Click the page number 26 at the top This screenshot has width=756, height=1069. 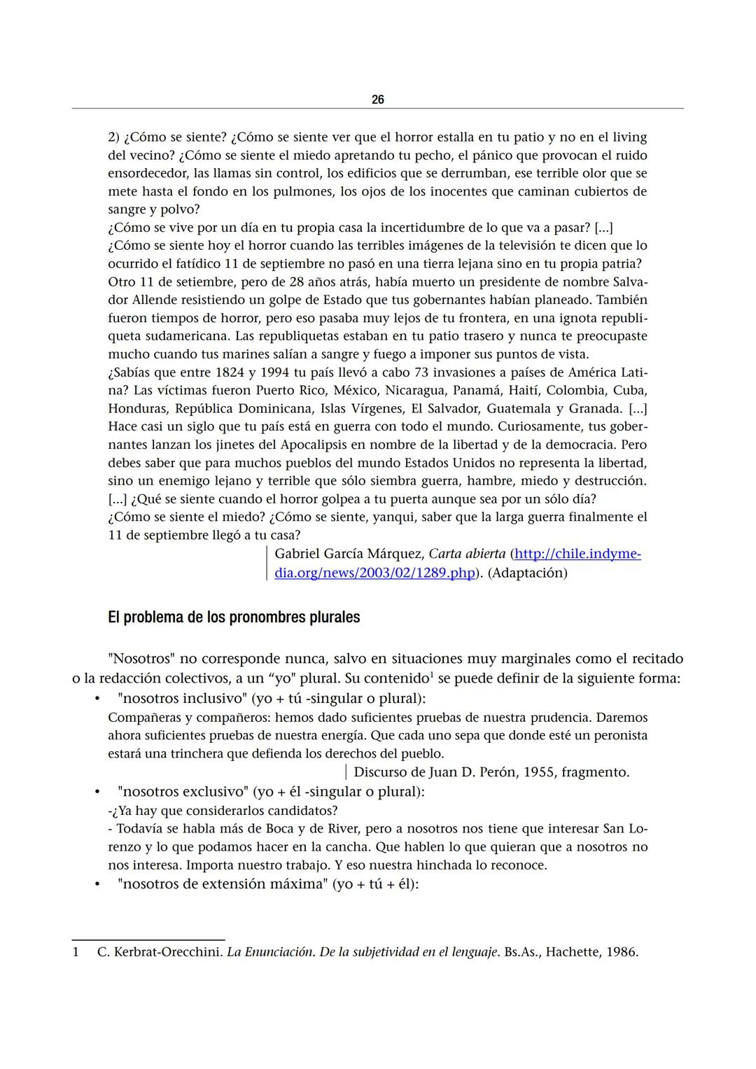point(377,100)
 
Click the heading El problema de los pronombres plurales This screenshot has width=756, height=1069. point(234,617)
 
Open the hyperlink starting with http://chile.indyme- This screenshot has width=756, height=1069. point(577,554)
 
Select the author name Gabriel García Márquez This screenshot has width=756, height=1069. point(348,554)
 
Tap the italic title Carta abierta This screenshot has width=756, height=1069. point(466,554)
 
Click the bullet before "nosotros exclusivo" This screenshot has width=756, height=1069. point(98,792)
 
